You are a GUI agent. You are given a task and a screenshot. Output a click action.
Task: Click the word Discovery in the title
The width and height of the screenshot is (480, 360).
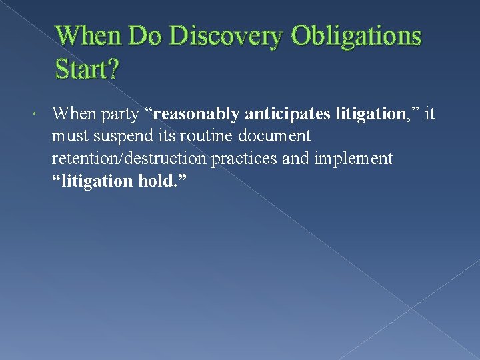point(226,36)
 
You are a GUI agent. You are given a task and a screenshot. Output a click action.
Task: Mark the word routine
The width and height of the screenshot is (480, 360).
point(205,136)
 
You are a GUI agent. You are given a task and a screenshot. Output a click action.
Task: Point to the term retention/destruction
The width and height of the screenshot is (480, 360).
point(129,159)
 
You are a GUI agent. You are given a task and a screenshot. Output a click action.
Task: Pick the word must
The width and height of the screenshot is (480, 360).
point(69,137)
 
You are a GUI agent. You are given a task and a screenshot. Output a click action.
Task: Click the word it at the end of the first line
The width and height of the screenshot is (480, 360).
point(429,114)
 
